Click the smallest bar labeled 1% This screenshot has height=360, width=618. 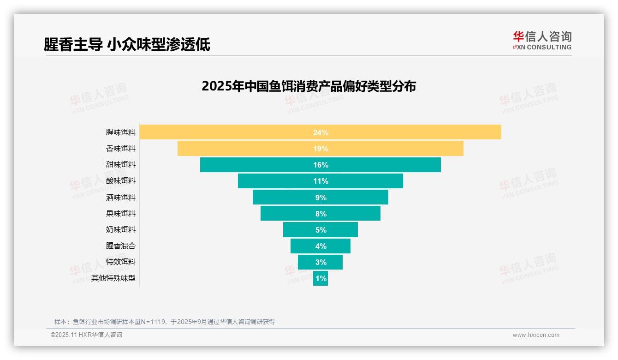(x=321, y=278)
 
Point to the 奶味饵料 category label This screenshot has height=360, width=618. (x=121, y=229)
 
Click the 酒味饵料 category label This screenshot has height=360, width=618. (x=121, y=197)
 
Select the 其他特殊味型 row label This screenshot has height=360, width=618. (x=113, y=278)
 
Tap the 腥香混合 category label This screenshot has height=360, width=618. (x=121, y=246)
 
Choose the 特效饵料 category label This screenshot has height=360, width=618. (x=121, y=262)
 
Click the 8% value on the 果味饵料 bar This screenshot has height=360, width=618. (x=321, y=214)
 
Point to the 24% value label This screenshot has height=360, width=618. (x=321, y=132)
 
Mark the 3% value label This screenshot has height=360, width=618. (x=321, y=262)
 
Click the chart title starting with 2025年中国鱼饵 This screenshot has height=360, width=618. (x=309, y=86)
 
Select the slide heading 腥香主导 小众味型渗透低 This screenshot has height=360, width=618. (x=127, y=44)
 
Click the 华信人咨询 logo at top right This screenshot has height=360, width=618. (x=542, y=40)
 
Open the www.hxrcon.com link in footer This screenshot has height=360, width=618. (x=536, y=335)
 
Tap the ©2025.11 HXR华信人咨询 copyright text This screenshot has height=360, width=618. (x=86, y=335)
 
